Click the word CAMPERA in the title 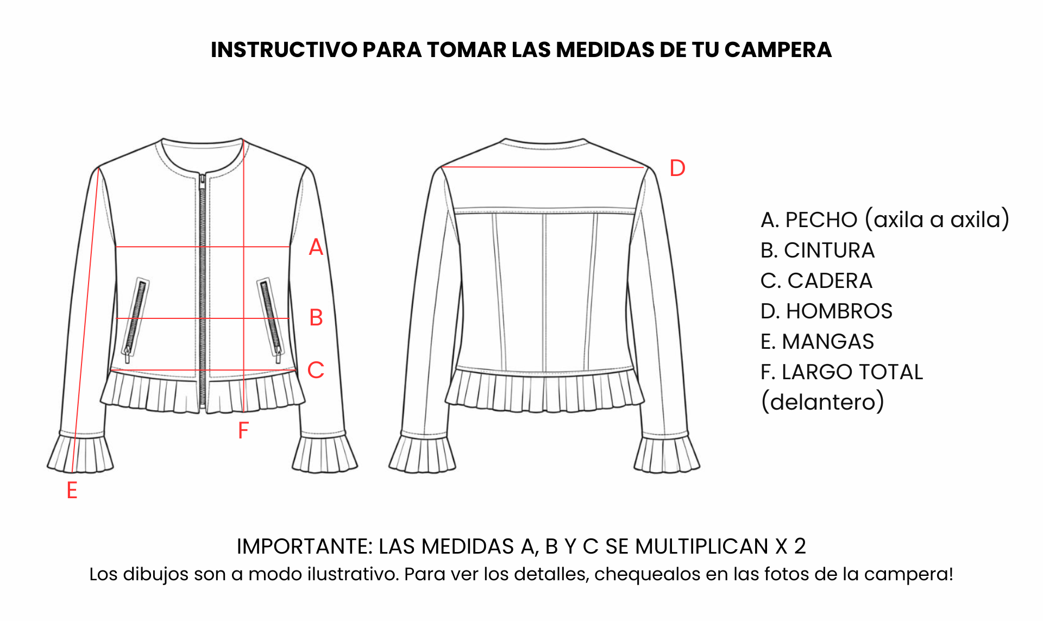point(778,50)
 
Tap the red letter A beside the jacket point(316,247)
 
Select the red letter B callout point(316,318)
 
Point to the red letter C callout point(316,370)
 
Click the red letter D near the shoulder point(677,168)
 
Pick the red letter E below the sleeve point(72,490)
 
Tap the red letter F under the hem point(243,431)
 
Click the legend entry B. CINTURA point(818,250)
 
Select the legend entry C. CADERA point(816,281)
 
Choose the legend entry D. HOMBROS point(826,311)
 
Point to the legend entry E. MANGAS point(817,342)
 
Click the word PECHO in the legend point(821,220)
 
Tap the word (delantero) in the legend point(822,402)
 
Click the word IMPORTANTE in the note point(305,547)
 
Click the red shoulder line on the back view point(543,167)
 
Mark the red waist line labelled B point(202,318)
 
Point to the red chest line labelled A point(203,247)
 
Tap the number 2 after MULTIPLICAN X point(800,547)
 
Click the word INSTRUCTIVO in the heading point(284,50)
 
